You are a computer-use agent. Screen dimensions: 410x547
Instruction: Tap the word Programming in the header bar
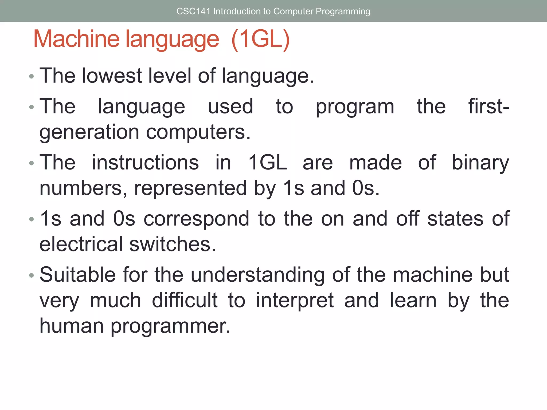(343, 11)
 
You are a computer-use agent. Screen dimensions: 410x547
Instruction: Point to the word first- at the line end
(489, 106)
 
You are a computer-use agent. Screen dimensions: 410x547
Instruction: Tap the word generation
(89, 132)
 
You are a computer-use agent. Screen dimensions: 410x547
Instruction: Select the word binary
(480, 163)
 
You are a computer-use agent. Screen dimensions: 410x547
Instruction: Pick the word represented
(190, 188)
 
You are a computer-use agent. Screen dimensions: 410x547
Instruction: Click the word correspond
(196, 219)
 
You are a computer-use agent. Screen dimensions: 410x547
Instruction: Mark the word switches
(173, 244)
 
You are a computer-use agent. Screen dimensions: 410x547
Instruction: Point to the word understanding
(258, 275)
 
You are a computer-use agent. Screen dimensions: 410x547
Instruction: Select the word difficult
(185, 300)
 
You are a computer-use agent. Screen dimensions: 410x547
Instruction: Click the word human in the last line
(72, 326)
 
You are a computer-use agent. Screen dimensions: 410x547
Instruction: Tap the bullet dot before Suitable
(32, 275)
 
